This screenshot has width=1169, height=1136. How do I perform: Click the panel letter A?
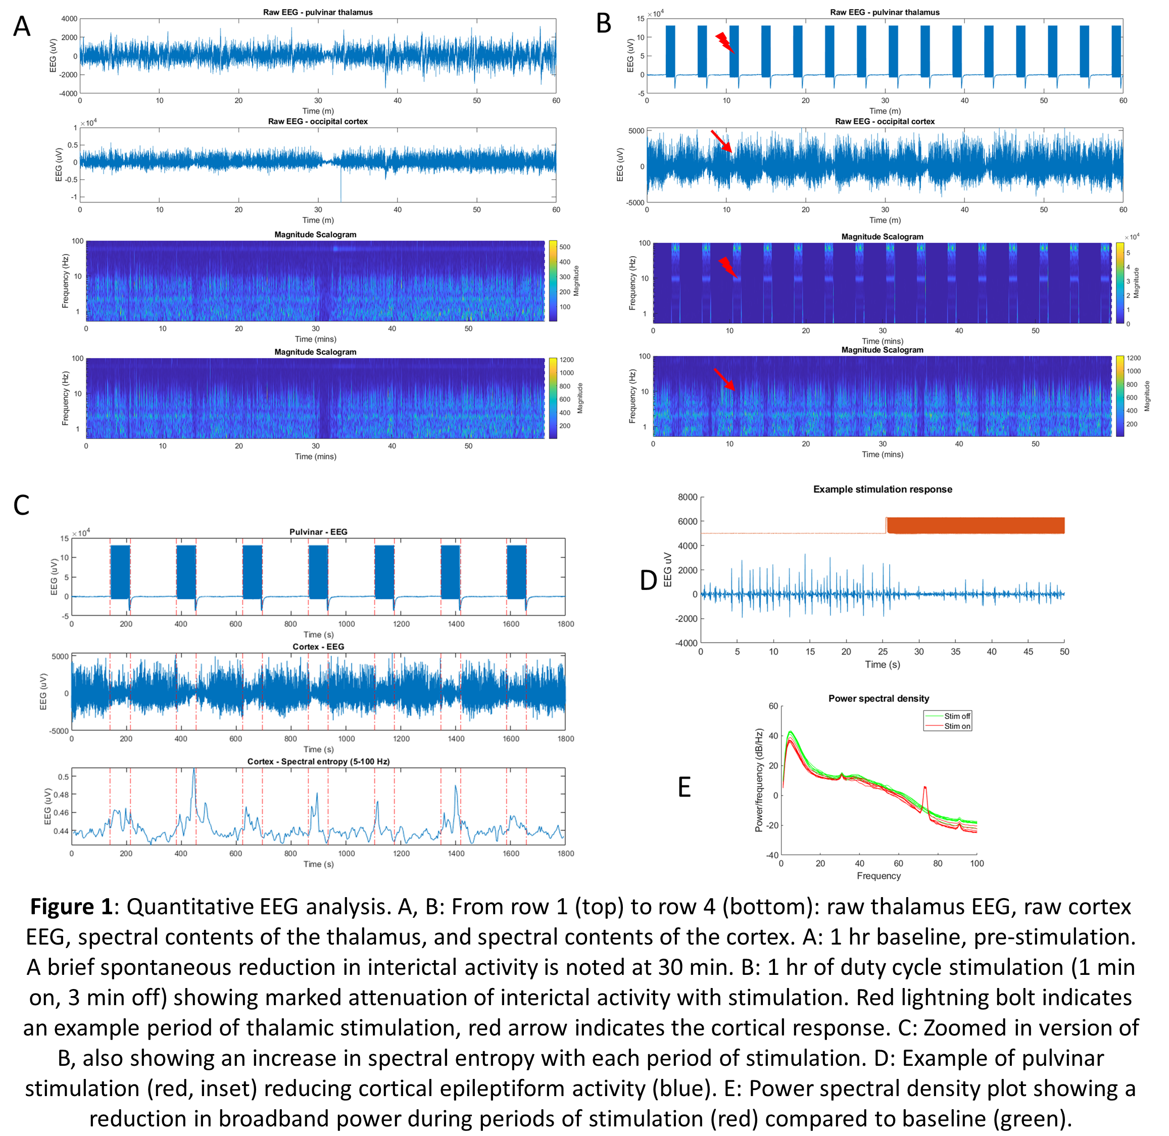click(x=22, y=27)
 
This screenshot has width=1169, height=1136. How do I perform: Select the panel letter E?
click(x=685, y=787)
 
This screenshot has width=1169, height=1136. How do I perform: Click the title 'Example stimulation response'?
click(x=882, y=489)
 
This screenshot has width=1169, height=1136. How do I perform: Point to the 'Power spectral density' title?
click(x=879, y=699)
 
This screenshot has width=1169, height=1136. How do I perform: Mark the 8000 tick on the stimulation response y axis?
click(x=688, y=498)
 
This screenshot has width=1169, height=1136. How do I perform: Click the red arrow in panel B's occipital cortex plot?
click(x=721, y=141)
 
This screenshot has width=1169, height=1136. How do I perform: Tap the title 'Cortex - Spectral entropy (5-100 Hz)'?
click(x=318, y=762)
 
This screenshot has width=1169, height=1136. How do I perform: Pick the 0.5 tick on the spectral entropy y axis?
click(x=63, y=777)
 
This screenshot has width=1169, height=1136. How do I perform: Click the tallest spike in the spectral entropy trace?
click(x=194, y=771)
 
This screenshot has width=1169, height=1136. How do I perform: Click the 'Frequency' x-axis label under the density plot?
click(x=879, y=876)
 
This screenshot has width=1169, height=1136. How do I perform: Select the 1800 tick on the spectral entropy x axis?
click(x=565, y=854)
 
